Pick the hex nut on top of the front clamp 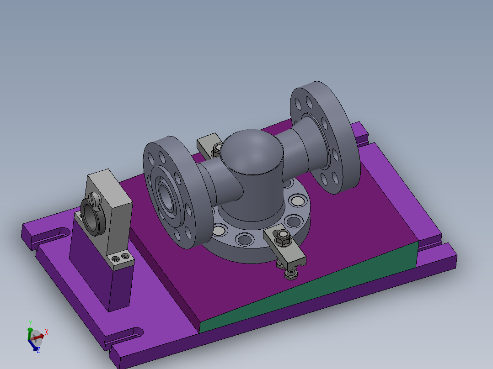coord(282,237)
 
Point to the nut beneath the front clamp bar coord(289,274)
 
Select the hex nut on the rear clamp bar coord(217,148)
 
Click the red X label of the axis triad coord(47,332)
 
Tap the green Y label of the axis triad coord(30,322)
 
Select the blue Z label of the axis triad coord(38,350)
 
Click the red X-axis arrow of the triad coord(39,336)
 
